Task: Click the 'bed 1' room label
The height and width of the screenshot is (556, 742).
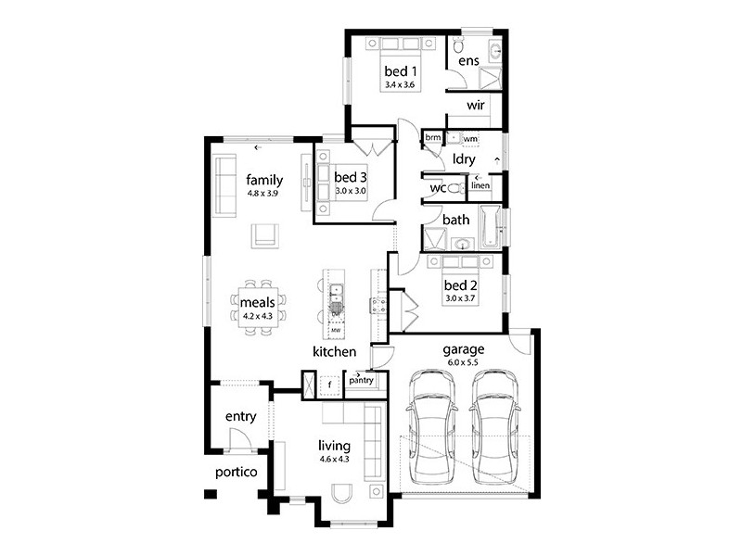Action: (x=403, y=70)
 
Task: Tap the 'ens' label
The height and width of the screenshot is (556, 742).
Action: (x=468, y=61)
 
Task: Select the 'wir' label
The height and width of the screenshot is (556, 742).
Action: (x=476, y=106)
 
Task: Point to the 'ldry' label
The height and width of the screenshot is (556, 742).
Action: (x=464, y=158)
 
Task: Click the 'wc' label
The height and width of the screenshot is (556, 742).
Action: (x=438, y=188)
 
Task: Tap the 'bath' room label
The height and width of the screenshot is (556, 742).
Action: (x=455, y=221)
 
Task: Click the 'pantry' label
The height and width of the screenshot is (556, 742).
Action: (x=360, y=379)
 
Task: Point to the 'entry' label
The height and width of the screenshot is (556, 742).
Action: (x=240, y=416)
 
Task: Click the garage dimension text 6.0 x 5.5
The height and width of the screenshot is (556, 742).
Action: (x=465, y=361)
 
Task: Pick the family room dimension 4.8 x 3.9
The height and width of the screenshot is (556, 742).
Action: (x=264, y=193)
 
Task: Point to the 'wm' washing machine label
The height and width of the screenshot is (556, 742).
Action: (x=469, y=139)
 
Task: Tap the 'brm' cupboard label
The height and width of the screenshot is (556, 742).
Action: (x=432, y=138)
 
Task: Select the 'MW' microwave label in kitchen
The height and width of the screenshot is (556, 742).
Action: (x=337, y=330)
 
